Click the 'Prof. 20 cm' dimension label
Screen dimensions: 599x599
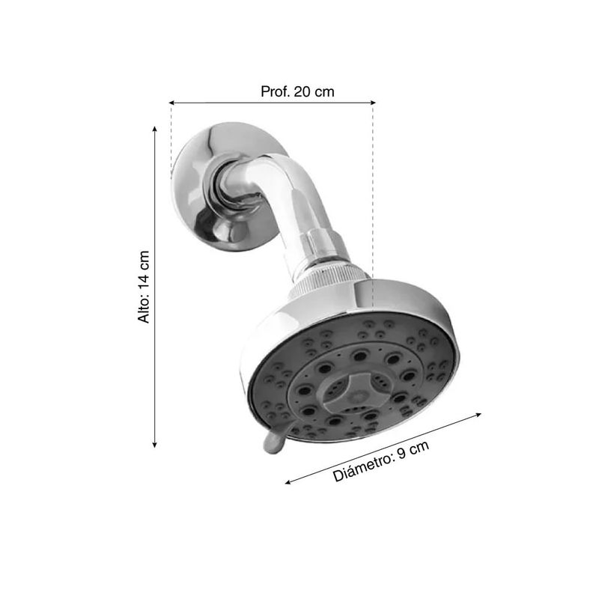(x=297, y=91)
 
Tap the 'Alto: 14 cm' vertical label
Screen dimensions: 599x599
(x=144, y=287)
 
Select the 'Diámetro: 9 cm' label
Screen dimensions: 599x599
(x=381, y=461)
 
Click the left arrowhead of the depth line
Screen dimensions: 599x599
(x=172, y=103)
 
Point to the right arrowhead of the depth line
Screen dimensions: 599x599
(x=373, y=103)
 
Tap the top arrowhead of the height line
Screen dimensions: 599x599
(x=155, y=129)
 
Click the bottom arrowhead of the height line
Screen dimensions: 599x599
(x=155, y=444)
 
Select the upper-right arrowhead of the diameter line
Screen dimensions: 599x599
(x=478, y=415)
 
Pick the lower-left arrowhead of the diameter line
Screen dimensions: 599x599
(x=288, y=482)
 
